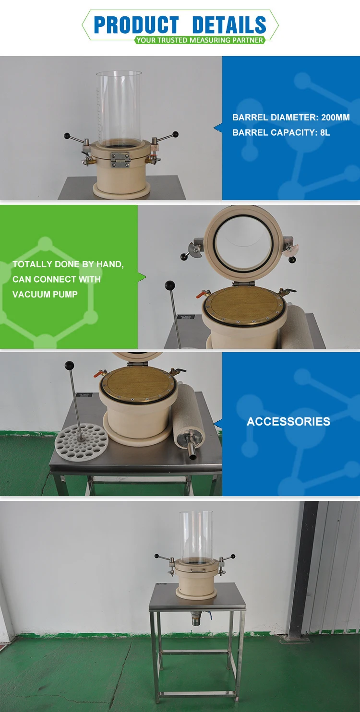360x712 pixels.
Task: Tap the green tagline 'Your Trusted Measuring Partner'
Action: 199,40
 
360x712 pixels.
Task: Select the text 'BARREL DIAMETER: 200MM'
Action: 291,118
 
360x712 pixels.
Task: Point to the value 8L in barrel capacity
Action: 325,132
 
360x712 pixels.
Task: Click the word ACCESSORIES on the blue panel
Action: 288,422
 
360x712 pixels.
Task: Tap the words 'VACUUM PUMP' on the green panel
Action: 45,294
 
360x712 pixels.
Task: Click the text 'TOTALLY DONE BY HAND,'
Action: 68,264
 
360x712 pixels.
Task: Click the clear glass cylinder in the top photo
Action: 119,108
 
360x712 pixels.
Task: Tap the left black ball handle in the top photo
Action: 67,136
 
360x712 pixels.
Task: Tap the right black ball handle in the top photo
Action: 175,134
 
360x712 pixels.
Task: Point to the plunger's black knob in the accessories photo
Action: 70,365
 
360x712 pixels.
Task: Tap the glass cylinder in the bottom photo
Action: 195,536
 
